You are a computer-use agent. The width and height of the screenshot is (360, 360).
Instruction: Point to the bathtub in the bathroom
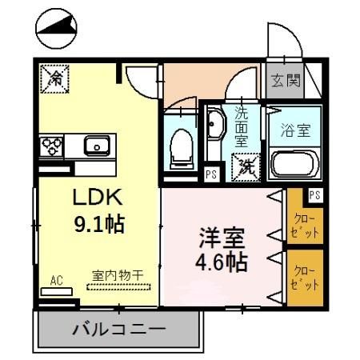[295, 164]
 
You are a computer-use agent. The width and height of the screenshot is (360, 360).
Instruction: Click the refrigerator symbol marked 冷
[56, 78]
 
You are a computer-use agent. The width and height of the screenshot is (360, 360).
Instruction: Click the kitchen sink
[97, 146]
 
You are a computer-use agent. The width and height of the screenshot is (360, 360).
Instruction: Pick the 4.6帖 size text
[221, 261]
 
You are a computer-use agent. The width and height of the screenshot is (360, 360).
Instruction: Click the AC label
[56, 280]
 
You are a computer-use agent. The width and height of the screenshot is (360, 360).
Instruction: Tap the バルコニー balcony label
[118, 329]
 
